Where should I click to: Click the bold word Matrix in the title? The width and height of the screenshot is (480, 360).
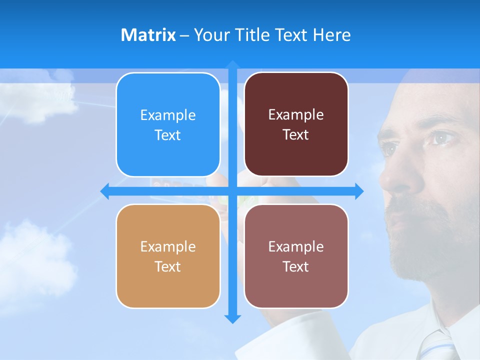[x=148, y=35]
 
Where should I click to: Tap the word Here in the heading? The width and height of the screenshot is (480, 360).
[x=331, y=35]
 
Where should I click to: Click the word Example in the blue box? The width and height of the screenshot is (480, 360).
[x=168, y=115]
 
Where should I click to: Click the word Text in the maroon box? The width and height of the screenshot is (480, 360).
[x=296, y=135]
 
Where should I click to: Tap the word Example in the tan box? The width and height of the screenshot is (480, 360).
[x=168, y=246]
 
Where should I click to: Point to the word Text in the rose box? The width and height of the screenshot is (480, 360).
[x=296, y=266]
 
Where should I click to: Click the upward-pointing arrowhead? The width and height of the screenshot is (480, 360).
[x=232, y=64]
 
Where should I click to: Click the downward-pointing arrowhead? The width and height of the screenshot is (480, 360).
[x=232, y=319]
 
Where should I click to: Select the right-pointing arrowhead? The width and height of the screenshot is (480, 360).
[x=359, y=191]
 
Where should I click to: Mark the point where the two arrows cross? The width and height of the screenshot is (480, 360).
[x=232, y=191]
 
